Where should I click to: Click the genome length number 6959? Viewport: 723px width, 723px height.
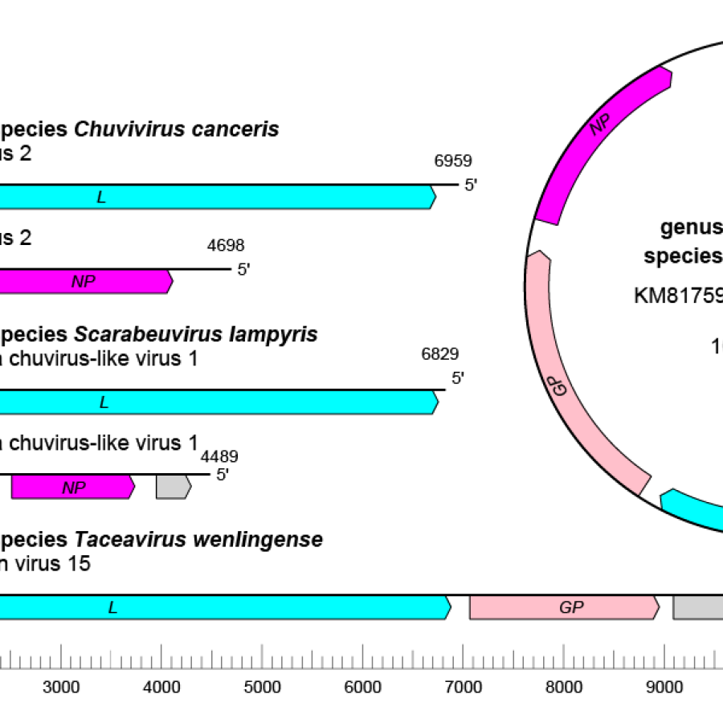click(453, 161)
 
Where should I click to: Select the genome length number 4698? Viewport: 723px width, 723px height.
click(226, 246)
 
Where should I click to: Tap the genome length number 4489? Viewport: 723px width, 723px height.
click(219, 457)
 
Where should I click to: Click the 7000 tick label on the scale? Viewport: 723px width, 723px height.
click(464, 687)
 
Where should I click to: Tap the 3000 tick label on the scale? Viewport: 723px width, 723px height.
click(61, 687)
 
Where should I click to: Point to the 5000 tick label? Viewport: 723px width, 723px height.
click(262, 687)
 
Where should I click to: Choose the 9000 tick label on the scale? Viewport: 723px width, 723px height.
click(665, 687)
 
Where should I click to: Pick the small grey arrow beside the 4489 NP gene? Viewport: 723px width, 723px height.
click(173, 487)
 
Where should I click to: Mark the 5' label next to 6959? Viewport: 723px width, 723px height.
click(471, 186)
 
